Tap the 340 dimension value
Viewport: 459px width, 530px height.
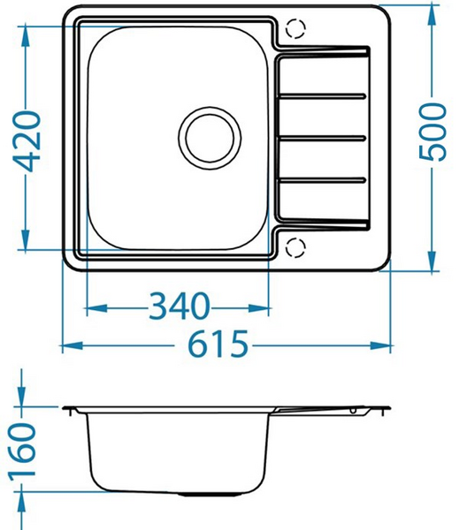[x=179, y=307]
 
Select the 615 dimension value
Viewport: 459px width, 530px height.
[x=217, y=345]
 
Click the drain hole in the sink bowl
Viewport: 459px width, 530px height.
[x=210, y=137]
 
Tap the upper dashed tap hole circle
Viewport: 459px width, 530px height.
[x=295, y=29]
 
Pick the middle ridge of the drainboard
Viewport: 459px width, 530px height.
[x=324, y=137]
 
